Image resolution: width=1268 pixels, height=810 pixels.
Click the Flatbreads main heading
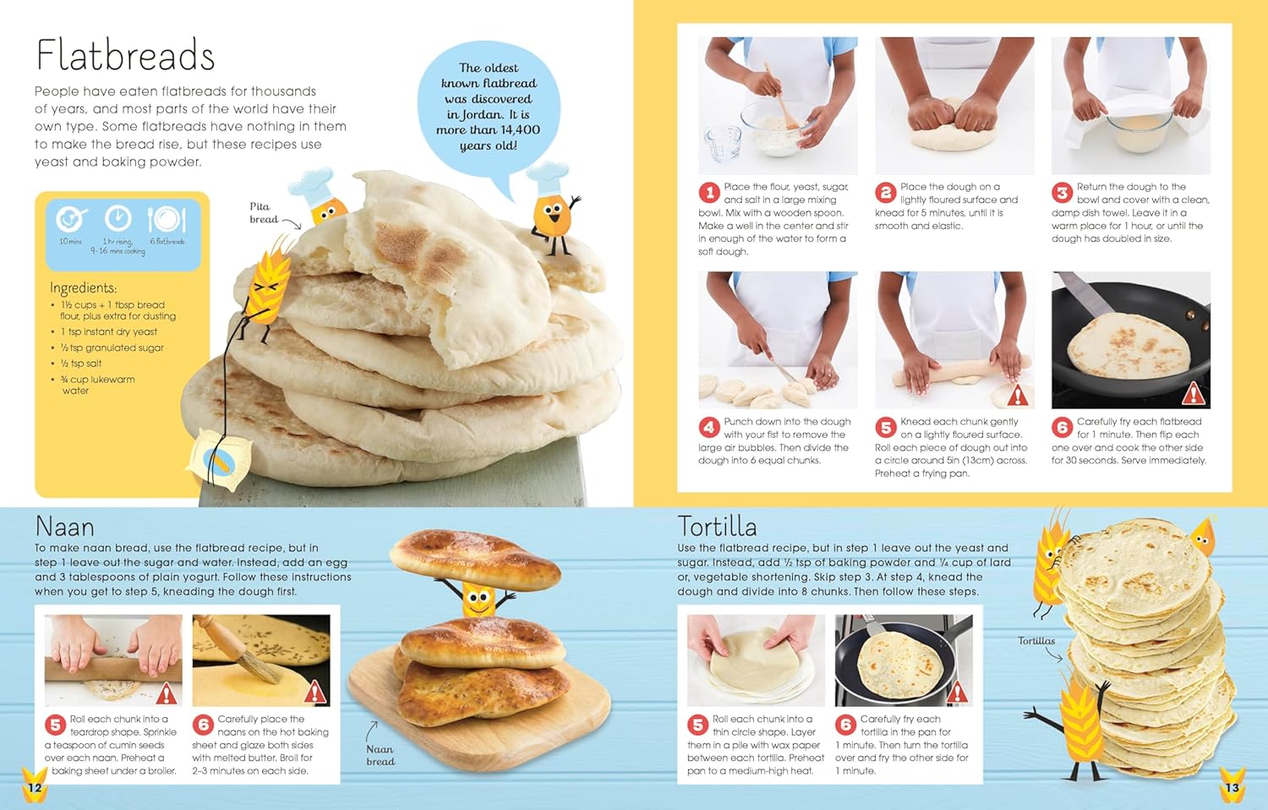point(125,55)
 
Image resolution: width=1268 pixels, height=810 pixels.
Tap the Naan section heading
point(64,527)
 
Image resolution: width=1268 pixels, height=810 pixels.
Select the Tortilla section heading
point(717,527)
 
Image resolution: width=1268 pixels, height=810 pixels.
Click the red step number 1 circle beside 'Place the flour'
point(709,193)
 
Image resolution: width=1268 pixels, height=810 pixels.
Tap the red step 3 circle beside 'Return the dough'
point(1063,193)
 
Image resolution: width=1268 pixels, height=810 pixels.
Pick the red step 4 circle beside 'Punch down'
point(709,428)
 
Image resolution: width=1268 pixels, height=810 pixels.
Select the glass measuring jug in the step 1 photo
point(722,143)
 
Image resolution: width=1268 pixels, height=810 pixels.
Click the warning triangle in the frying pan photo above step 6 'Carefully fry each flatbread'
point(1193,393)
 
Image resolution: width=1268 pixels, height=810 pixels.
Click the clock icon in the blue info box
point(118,218)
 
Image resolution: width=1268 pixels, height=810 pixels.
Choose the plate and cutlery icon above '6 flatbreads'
point(167,219)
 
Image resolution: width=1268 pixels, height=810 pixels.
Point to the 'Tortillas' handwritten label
point(1036,641)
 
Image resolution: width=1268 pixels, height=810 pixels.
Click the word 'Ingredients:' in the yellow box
point(83,287)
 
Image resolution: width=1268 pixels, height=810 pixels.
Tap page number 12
point(36,787)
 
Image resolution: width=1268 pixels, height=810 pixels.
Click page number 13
point(1232,787)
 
